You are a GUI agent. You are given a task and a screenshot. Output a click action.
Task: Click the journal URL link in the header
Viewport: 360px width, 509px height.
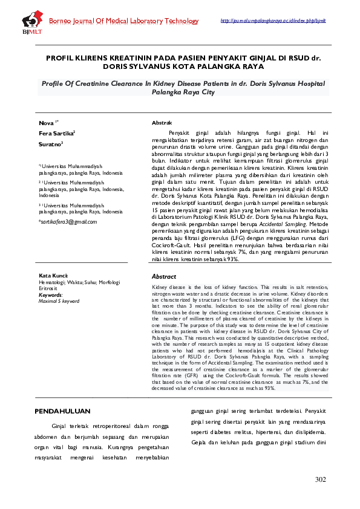pyautogui.click(x=273, y=21)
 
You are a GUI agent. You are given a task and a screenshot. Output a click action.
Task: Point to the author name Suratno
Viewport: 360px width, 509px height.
pyautogui.click(x=51, y=144)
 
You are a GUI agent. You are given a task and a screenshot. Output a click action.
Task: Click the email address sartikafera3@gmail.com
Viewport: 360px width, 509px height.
pyautogui.click(x=67, y=222)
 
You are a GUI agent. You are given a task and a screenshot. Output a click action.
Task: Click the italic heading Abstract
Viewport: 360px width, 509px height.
pyautogui.click(x=163, y=276)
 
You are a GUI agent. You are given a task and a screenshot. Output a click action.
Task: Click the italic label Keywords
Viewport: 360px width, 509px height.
pyautogui.click(x=51, y=294)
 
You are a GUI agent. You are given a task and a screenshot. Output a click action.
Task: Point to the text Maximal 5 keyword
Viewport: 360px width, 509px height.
pyautogui.click(x=59, y=300)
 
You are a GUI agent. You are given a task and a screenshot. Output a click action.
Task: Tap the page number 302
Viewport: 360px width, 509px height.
pyautogui.click(x=321, y=479)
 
